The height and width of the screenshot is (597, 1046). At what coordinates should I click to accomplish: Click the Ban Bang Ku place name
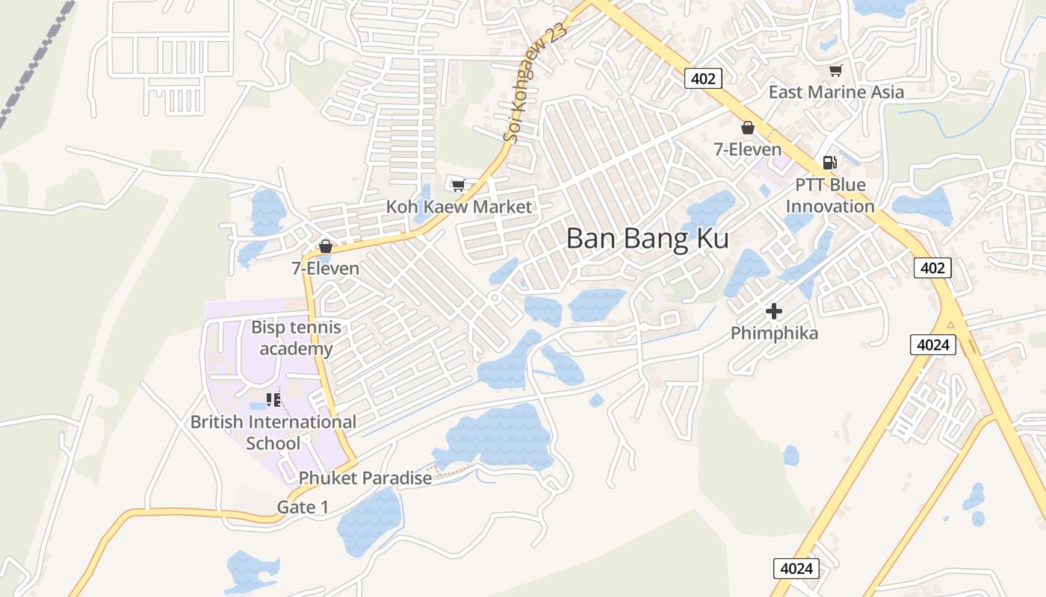point(647,238)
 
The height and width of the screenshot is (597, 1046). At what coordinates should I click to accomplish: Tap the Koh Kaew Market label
point(459,207)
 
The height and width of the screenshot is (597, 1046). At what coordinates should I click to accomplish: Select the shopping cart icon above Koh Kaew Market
point(458,184)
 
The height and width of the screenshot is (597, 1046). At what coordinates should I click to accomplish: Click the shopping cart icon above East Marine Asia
point(835,71)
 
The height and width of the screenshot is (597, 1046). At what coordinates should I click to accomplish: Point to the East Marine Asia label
point(836,93)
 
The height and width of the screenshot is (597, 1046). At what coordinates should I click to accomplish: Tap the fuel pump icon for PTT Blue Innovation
point(829,163)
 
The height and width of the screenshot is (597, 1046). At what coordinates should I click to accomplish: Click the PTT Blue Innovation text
point(829,196)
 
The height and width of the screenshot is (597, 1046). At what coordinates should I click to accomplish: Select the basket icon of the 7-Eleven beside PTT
point(747,128)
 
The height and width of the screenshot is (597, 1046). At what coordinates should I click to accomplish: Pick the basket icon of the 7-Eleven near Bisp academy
point(325,246)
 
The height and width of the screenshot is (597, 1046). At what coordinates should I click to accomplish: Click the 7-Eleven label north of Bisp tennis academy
point(325,268)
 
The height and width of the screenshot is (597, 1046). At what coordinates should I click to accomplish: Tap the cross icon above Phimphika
point(774,311)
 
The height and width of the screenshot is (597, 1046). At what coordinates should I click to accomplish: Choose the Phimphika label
point(774,333)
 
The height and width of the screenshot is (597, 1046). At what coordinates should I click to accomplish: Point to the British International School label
point(273,432)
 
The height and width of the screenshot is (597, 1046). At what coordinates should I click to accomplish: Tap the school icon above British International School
point(273,400)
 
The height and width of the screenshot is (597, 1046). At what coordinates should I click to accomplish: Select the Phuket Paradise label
point(365,478)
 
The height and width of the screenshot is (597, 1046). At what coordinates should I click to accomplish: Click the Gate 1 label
point(303,507)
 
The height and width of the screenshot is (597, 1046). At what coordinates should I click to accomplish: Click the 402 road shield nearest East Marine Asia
point(703,78)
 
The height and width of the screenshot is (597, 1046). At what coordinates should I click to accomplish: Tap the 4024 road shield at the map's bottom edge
point(796,569)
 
